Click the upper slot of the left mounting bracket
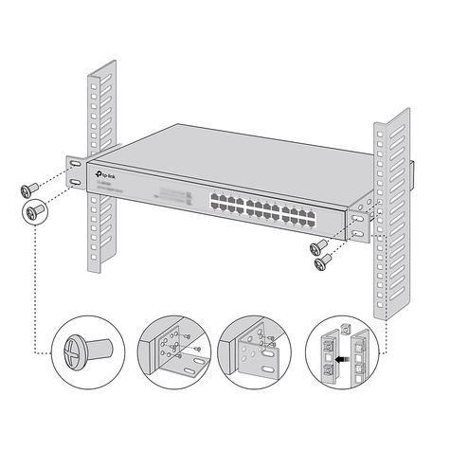pos(74,163)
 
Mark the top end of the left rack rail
pos(101,74)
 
